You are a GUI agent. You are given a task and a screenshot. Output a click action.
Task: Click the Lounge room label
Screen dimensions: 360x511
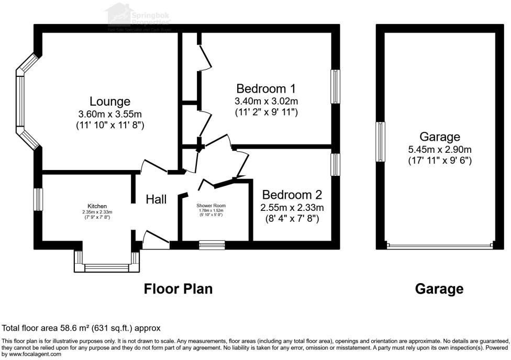(109, 101)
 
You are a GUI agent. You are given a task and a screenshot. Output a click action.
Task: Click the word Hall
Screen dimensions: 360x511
(156, 199)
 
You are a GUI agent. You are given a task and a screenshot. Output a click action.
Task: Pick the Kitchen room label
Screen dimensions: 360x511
(97, 206)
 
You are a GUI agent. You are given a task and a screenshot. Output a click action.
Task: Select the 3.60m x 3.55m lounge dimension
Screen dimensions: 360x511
(109, 114)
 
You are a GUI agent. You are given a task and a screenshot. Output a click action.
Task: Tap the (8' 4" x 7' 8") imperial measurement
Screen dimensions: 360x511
(292, 219)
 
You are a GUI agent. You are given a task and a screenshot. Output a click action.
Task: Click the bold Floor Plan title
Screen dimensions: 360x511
(178, 289)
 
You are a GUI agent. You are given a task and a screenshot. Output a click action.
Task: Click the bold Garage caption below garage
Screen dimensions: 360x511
(439, 289)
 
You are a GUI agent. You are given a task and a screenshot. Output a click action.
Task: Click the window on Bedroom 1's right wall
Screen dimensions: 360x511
(335, 86)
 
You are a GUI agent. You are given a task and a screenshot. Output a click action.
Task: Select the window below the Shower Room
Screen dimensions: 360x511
(212, 244)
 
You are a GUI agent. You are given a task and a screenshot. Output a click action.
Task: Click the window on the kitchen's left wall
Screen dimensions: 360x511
(38, 199)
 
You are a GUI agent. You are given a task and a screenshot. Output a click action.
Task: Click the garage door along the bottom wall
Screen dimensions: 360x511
(439, 245)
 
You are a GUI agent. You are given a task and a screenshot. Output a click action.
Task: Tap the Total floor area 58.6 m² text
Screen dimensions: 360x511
(81, 328)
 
